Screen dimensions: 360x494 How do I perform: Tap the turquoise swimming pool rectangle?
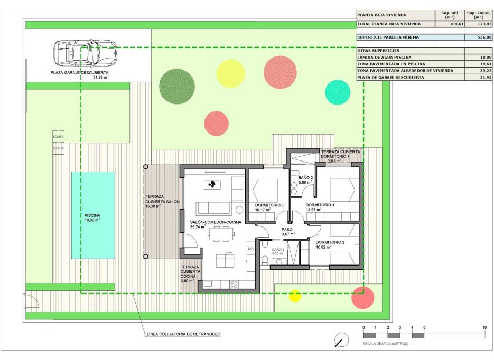[93, 215]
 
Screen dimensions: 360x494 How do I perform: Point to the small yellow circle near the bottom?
[295, 296]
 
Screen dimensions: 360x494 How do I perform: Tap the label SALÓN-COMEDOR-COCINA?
[215, 222]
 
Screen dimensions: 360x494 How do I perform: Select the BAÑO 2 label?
[305, 178]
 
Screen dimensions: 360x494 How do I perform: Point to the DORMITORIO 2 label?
[330, 242]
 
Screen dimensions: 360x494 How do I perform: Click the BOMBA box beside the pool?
[58, 136]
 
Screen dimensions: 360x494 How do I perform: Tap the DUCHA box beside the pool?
[58, 148]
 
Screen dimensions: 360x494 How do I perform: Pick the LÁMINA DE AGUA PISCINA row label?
[385, 57]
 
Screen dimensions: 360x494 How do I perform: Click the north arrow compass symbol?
[341, 339]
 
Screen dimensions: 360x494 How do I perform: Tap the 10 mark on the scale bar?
[484, 328]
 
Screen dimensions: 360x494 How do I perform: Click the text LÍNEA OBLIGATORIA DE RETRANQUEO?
[183, 334]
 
